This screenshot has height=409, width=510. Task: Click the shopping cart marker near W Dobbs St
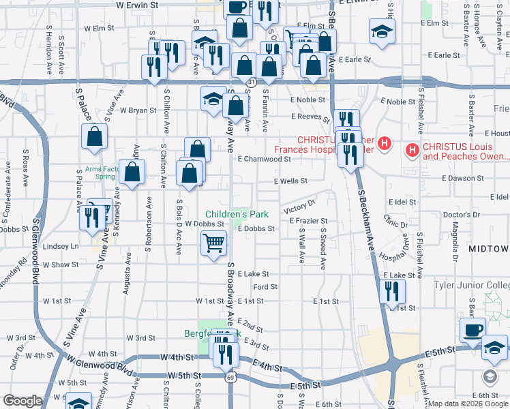[214, 242]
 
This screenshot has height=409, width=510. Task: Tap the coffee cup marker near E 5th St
[472, 330]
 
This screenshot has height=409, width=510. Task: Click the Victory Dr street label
[301, 204]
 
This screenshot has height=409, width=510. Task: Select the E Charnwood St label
[265, 159]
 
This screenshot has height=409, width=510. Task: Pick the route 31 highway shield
[252, 82]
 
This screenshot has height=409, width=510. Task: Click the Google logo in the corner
[22, 401]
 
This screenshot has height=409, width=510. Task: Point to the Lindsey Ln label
[61, 246]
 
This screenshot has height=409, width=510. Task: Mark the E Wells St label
[291, 181]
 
